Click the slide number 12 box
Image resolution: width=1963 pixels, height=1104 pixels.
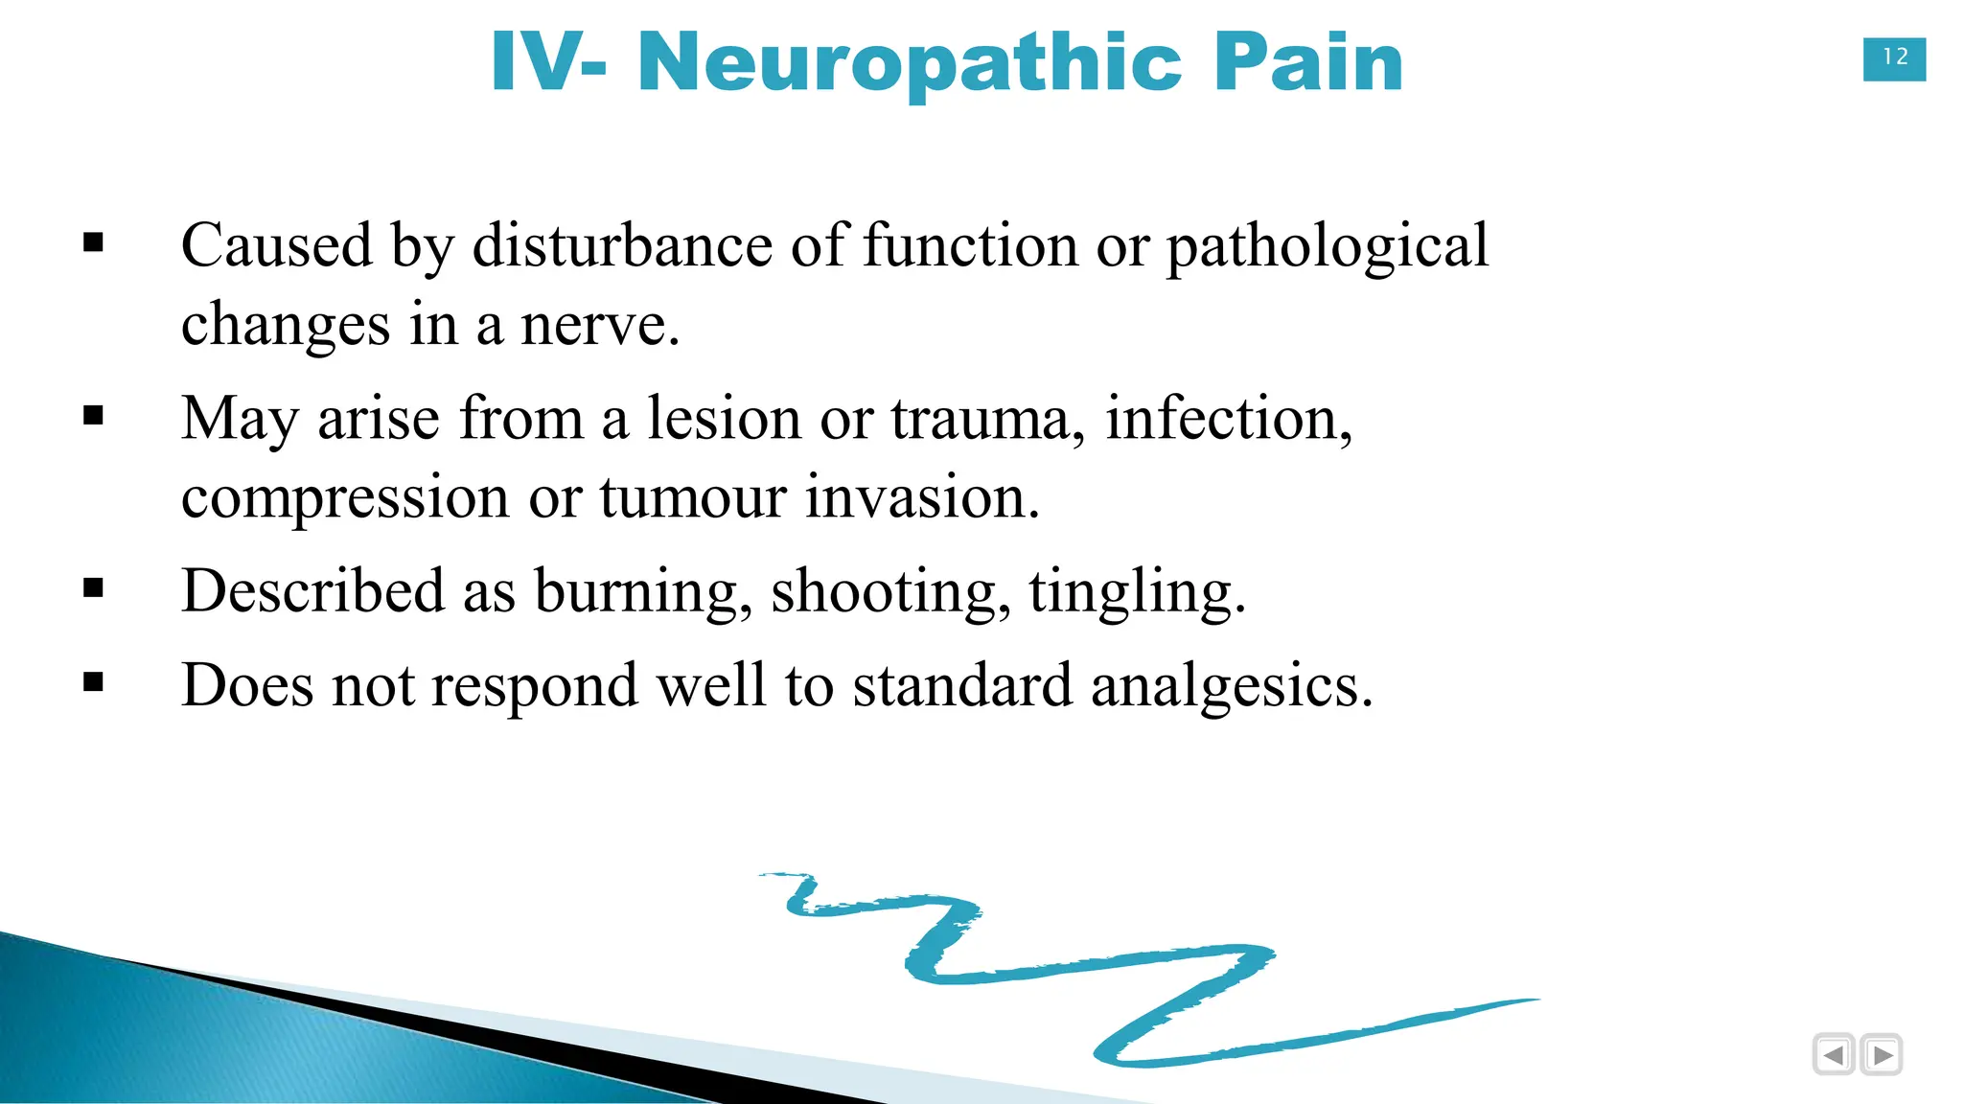point(1894,58)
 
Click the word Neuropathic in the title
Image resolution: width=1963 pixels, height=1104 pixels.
point(910,63)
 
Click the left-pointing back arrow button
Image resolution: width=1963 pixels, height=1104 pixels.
point(1834,1055)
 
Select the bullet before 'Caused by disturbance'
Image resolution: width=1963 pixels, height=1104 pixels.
point(93,242)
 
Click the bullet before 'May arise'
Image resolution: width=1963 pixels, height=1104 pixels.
point(93,415)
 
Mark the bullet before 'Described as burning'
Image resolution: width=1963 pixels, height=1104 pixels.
point(93,587)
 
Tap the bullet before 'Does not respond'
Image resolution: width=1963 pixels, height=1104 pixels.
point(93,682)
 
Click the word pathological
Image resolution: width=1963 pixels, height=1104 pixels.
point(1328,247)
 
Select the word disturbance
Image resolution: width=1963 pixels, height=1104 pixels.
point(622,245)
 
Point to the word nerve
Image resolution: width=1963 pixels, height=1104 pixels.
point(598,325)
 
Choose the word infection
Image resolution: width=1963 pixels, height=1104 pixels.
point(1227,419)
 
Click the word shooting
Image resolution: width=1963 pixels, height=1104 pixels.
point(890,592)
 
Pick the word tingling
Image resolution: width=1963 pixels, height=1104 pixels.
point(1136,592)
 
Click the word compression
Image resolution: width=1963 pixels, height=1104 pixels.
point(345,499)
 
